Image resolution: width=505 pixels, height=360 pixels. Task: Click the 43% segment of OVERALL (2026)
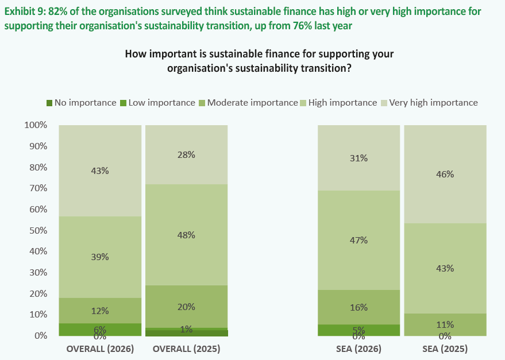100,171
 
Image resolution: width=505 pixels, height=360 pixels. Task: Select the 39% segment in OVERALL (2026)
100,257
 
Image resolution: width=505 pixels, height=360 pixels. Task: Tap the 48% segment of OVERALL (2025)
187,235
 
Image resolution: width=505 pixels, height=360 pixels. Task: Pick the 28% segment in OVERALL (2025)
187,154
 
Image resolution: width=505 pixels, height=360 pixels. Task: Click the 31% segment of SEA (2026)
358,158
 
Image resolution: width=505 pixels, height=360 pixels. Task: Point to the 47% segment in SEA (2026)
358,240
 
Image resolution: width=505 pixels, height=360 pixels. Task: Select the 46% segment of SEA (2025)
445,174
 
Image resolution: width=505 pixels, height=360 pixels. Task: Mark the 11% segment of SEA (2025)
445,324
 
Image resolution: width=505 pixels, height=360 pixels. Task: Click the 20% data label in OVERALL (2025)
186,307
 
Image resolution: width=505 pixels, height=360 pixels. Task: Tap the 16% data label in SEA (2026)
358,308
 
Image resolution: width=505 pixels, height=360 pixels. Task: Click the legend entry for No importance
81,103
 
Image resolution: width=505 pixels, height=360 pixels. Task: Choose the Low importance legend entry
157,103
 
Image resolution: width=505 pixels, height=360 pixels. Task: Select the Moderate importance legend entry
248,103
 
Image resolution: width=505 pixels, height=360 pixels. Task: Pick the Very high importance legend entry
429,103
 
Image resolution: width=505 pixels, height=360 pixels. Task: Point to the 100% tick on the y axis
36,125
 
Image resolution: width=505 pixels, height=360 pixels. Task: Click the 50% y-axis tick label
38,231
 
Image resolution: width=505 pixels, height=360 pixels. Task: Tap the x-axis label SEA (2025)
445,349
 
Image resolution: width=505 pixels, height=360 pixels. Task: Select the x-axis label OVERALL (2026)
100,349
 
